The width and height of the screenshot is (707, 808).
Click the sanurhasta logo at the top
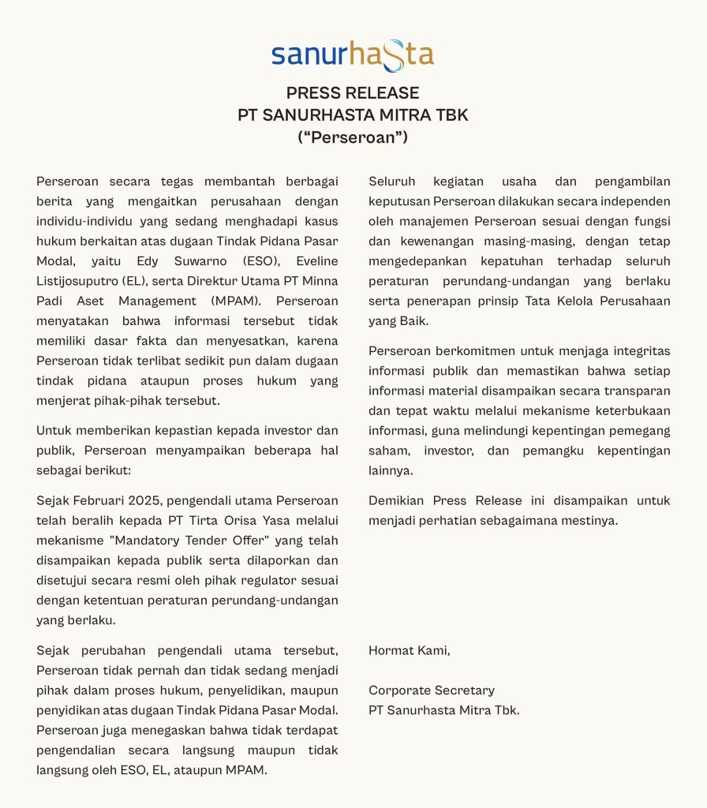point(353,54)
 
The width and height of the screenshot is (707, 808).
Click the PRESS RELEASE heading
point(353,93)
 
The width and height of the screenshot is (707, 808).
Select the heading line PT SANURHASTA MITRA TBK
point(353,115)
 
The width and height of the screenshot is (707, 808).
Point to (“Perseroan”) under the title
point(353,137)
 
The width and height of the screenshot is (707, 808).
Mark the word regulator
point(273,580)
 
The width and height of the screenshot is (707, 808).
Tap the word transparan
point(637,390)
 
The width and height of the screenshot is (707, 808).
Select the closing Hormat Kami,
point(409,651)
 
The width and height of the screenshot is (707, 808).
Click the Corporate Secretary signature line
point(432,690)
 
